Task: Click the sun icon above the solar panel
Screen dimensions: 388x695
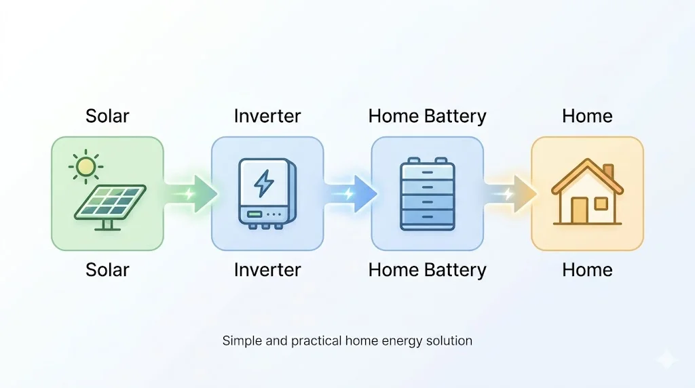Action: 86,166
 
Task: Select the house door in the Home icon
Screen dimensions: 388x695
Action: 580,210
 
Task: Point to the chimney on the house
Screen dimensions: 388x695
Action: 608,170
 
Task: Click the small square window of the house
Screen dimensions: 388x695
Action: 601,203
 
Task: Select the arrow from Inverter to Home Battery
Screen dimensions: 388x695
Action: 350,193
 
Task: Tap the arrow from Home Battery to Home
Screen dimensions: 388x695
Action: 510,193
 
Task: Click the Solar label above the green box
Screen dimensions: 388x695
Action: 107,116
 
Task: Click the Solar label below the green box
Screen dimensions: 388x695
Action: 107,270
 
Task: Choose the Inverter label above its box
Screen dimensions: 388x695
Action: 267,116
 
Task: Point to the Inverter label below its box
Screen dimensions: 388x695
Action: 267,270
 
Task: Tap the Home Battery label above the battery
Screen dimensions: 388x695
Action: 428,116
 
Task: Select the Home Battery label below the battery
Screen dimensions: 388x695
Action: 428,270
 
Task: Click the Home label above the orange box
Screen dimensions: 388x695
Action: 587,116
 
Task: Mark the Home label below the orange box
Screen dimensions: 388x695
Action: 587,270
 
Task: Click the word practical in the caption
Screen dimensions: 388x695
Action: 318,341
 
